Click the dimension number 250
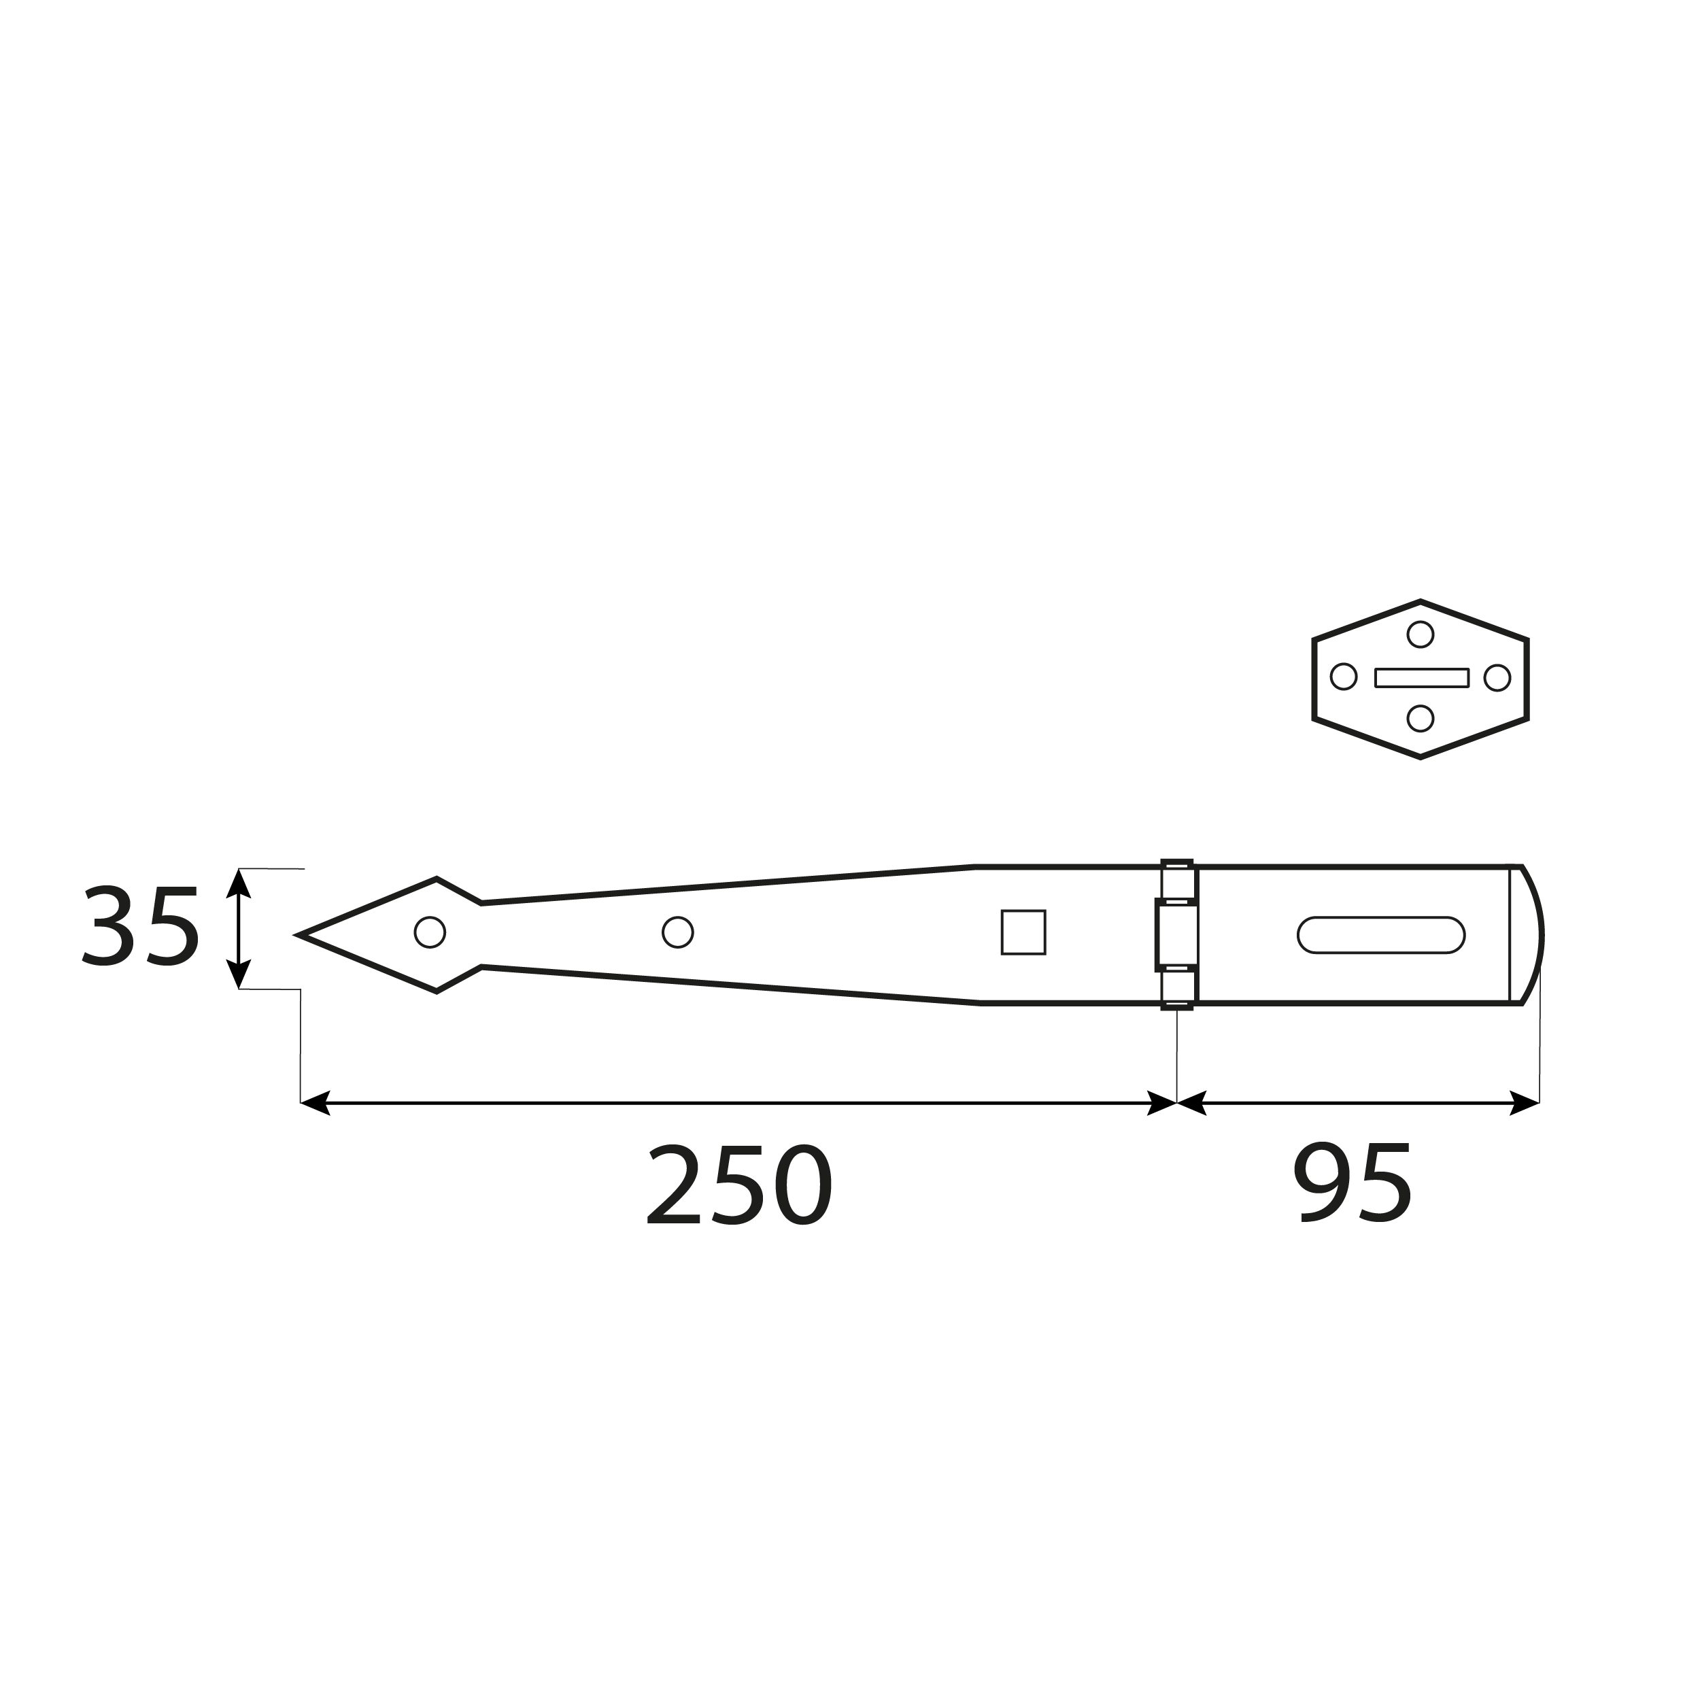pyautogui.click(x=739, y=1185)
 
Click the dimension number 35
pyautogui.click(x=141, y=927)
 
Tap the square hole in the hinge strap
pyautogui.click(x=1023, y=932)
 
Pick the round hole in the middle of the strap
pyautogui.click(x=677, y=932)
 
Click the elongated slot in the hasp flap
pyautogui.click(x=1380, y=934)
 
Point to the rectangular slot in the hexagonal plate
pyautogui.click(x=1421, y=677)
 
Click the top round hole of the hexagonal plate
pyautogui.click(x=1421, y=634)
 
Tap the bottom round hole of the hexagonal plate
pyautogui.click(x=1421, y=718)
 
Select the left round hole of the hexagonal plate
pyautogui.click(x=1343, y=677)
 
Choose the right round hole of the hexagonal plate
pyautogui.click(x=1497, y=677)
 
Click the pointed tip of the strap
pyautogui.click(x=302, y=934)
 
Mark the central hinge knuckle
pyautogui.click(x=1176, y=934)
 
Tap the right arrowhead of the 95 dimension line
pyautogui.click(x=1527, y=1102)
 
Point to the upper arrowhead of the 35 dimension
pyautogui.click(x=239, y=883)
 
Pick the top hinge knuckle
pyautogui.click(x=1176, y=881)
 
